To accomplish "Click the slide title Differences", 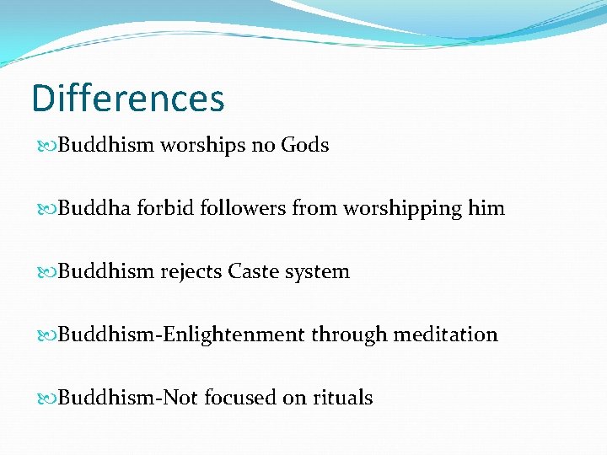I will [128, 99].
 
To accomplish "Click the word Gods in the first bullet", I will [304, 145].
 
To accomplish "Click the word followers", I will [244, 208].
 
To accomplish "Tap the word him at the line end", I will [487, 208].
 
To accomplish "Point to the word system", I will [318, 272].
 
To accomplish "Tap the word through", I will [347, 335].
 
